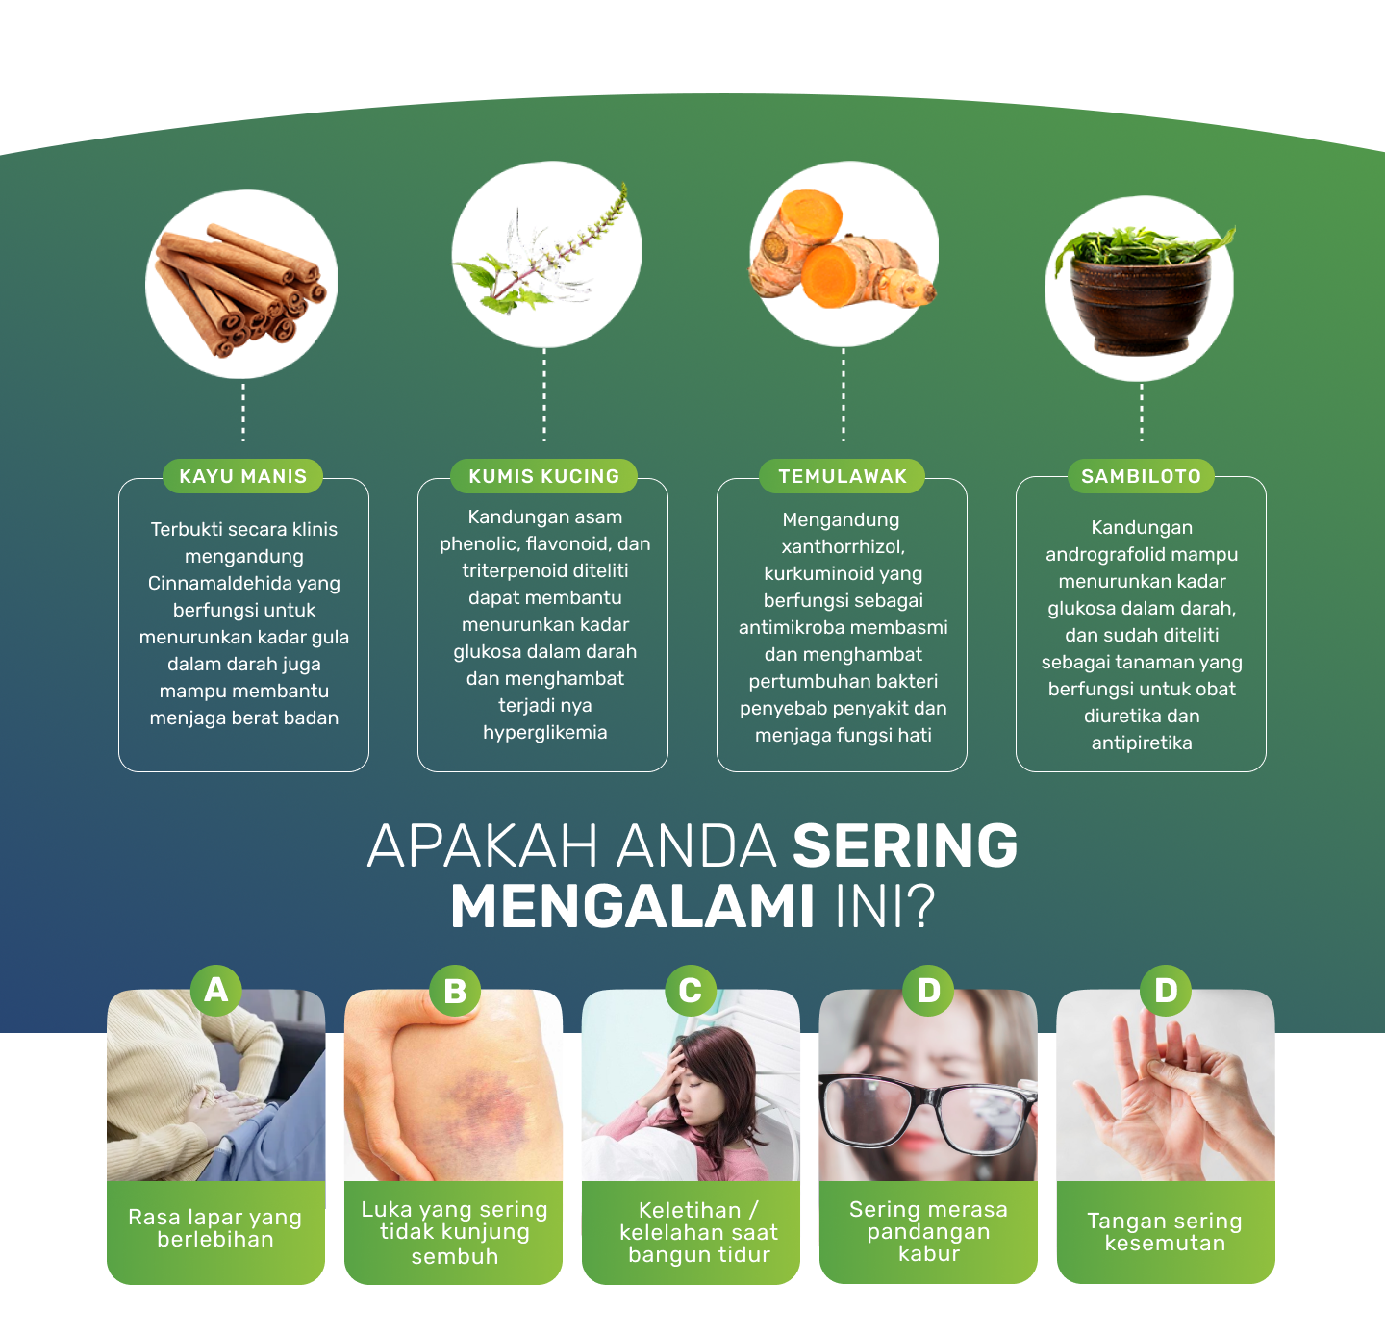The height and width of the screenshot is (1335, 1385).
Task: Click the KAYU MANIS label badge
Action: (242, 476)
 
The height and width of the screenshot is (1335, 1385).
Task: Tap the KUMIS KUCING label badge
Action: (543, 476)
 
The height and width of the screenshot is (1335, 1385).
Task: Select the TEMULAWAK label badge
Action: (843, 476)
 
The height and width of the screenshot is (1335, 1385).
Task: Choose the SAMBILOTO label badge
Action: (1141, 476)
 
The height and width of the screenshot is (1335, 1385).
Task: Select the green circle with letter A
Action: (216, 990)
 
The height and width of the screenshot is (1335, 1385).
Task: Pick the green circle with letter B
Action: (454, 991)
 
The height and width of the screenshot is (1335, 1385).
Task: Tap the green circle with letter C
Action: (691, 991)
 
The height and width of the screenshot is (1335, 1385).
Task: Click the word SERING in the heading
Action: (905, 846)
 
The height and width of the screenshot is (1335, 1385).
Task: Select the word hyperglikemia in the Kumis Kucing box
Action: (544, 733)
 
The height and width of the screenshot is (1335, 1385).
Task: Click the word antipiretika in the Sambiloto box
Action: (1142, 743)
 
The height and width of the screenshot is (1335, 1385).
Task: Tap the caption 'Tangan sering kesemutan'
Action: (1165, 1232)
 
